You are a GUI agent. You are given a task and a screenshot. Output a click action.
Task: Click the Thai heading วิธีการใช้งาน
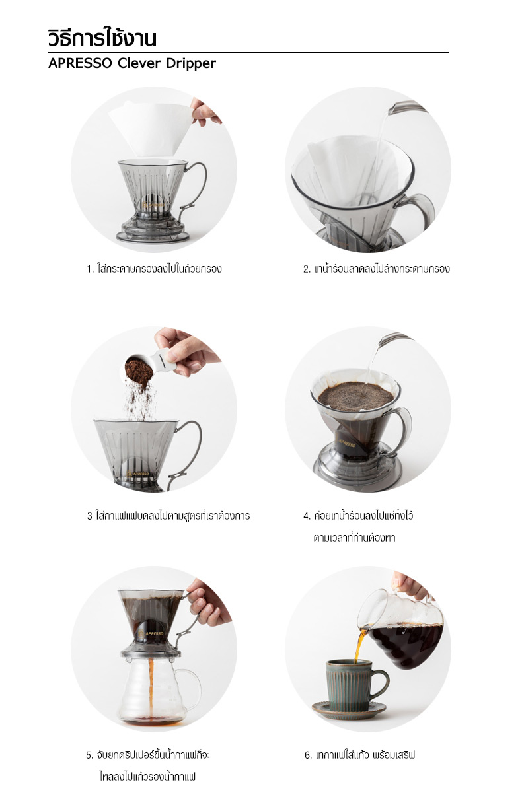[x=102, y=38]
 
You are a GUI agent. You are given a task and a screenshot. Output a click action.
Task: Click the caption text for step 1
[x=154, y=269]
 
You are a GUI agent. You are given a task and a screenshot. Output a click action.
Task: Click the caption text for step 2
[x=377, y=269]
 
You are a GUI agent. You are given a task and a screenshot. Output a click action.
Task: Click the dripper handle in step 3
[x=191, y=449]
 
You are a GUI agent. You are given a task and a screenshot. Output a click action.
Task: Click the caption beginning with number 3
[x=168, y=516]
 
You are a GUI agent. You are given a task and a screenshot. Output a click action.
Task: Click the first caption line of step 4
[x=358, y=516]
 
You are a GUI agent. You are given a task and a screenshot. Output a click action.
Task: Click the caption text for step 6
[x=359, y=755]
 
